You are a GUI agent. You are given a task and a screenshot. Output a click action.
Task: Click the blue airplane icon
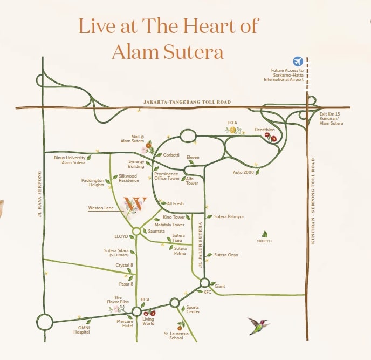coord(298,62)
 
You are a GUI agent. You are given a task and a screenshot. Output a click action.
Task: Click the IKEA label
coord(232,123)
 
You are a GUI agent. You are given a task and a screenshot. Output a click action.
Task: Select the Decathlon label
coord(265,130)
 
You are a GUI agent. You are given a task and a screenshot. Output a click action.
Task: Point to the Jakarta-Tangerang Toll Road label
coord(187,102)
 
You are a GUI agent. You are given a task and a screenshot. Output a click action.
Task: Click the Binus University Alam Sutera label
coord(70,160)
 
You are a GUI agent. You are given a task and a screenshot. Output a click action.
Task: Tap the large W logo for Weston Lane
coord(135,204)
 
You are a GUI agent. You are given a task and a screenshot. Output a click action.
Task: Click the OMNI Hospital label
coord(82,330)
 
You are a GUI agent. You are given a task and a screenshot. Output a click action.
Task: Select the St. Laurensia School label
coord(180,336)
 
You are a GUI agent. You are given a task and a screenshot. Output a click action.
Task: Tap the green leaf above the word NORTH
coord(265,234)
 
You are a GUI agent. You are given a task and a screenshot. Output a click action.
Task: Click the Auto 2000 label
coord(243,172)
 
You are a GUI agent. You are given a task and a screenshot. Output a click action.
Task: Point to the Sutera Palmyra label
coord(229,216)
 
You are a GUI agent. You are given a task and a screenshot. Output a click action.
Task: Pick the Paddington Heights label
coord(92,182)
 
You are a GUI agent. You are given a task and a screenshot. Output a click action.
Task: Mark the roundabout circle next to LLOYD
coord(136,231)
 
